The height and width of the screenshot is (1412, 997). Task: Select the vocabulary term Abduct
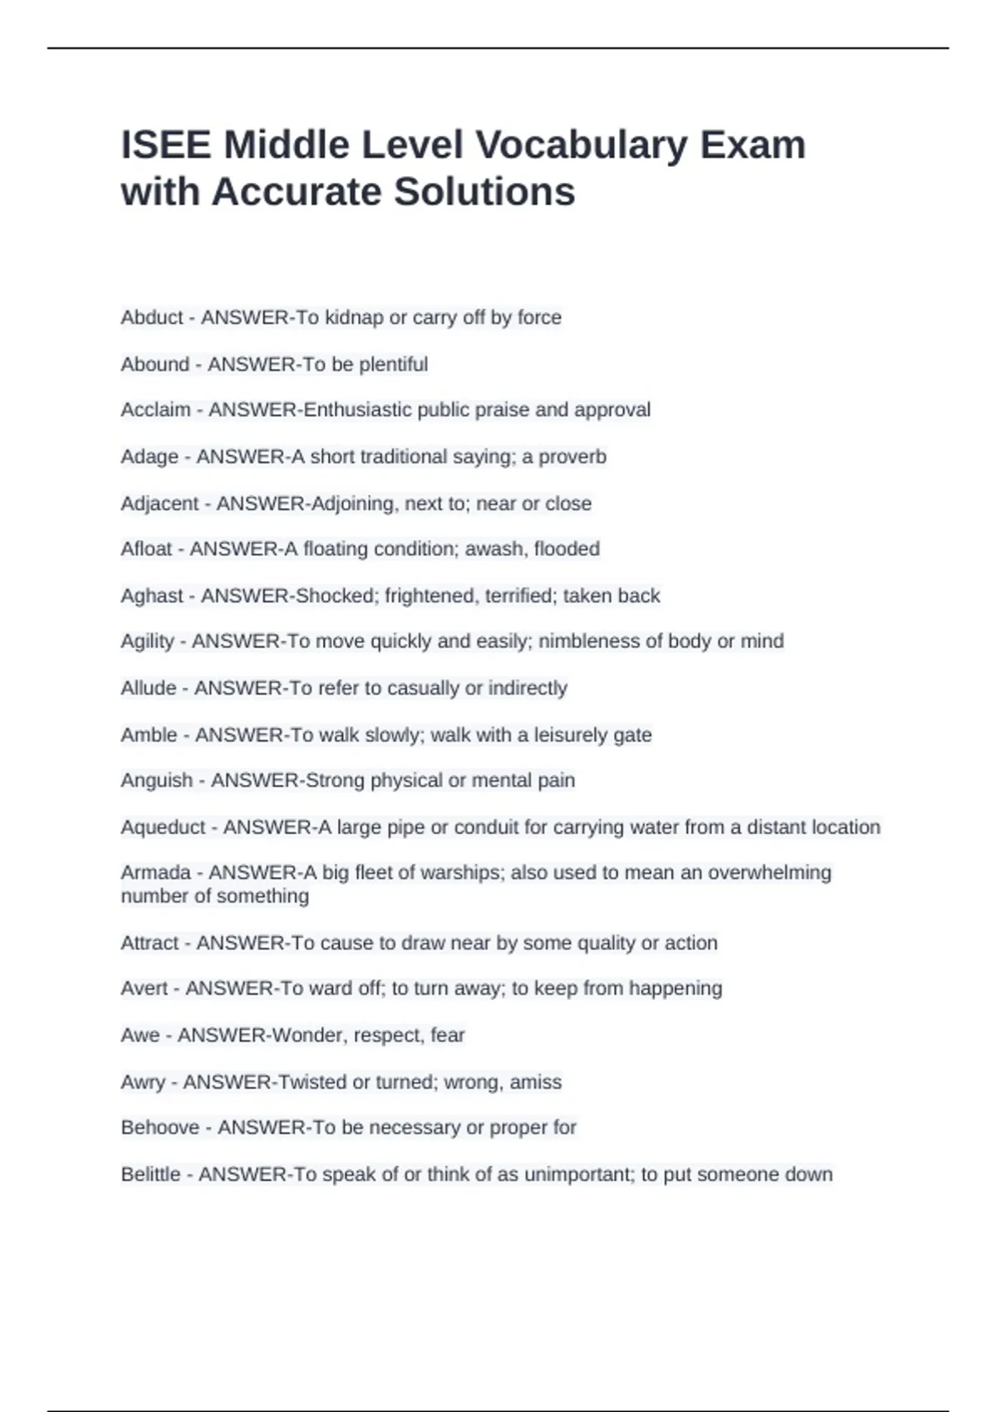152,317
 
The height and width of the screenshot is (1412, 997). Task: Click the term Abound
155,364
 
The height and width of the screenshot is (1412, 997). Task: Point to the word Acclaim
155,409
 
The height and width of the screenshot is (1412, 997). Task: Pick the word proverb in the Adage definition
572,457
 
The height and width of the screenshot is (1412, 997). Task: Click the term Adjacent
160,503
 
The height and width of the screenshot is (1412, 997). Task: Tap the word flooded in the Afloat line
567,549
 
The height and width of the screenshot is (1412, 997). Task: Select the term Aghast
152,596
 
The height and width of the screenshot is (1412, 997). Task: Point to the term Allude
149,688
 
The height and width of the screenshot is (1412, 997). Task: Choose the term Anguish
157,780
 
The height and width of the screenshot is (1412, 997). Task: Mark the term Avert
145,988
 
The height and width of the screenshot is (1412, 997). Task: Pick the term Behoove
160,1127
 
